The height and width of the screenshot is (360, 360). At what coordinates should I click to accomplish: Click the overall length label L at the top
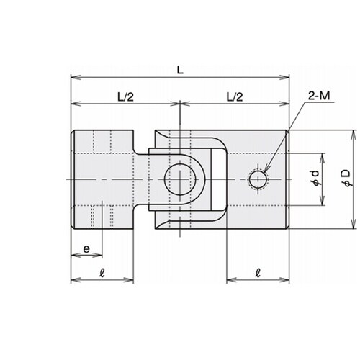[180, 70]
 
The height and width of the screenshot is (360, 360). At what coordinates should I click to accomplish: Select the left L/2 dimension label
[125, 97]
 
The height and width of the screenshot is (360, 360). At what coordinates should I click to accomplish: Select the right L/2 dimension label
[235, 97]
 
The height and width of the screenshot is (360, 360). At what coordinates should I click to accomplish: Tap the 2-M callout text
[319, 96]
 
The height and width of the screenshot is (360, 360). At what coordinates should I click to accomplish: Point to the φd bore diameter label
[315, 178]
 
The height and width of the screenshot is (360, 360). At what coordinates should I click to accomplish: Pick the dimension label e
[86, 249]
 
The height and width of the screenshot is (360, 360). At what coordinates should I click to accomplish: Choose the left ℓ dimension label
[102, 273]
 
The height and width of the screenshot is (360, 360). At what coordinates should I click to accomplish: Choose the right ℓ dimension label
[258, 273]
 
